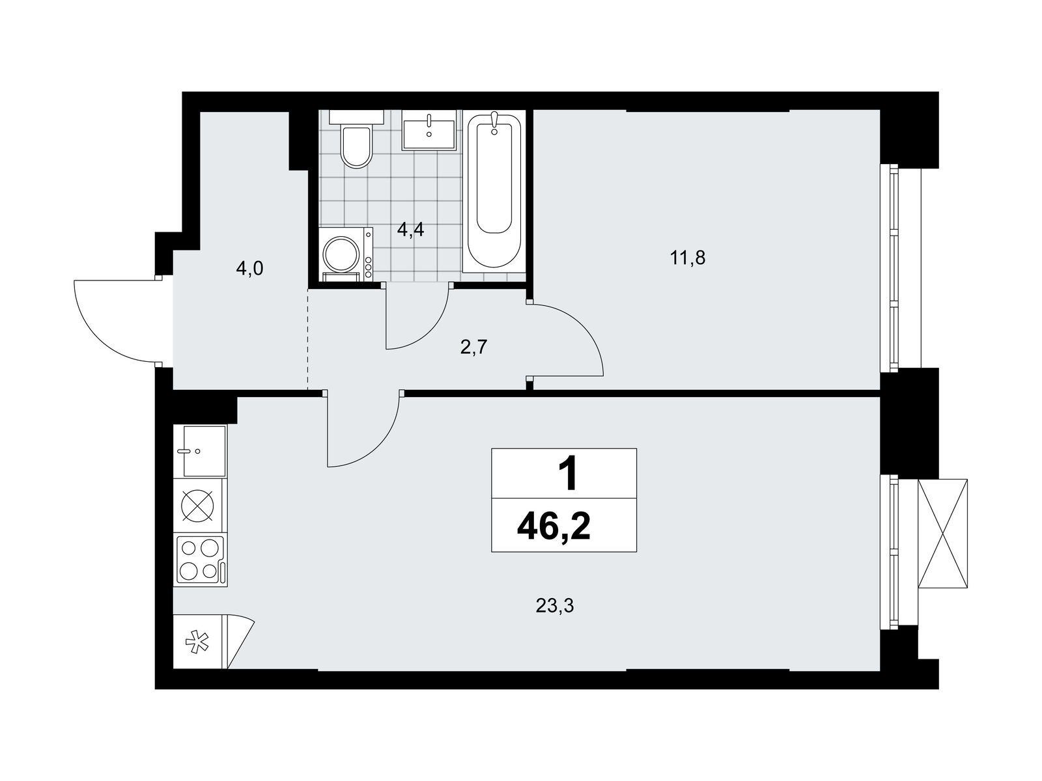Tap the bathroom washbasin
[429, 130]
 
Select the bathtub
[494, 192]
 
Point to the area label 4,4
[410, 230]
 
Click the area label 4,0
[249, 269]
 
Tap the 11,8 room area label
[687, 258]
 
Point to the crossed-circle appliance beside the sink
[201, 505]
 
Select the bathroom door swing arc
[430, 329]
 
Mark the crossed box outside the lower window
[942, 534]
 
